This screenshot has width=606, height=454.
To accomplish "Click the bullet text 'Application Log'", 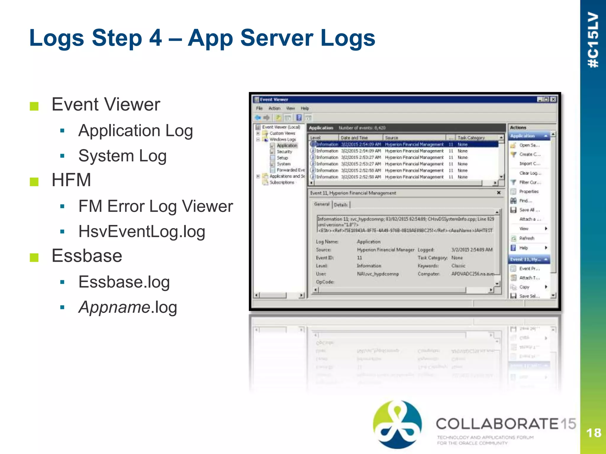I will click(x=136, y=131).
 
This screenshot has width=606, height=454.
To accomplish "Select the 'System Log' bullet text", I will click(x=122, y=156).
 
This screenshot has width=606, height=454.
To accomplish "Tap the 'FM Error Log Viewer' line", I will click(x=156, y=206).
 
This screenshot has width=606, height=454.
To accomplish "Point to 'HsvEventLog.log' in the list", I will click(x=142, y=231).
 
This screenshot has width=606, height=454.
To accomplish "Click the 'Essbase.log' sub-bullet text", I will click(x=124, y=282).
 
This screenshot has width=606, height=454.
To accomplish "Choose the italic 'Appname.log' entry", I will click(x=128, y=307).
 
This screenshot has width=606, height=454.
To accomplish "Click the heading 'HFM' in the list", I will click(x=71, y=180).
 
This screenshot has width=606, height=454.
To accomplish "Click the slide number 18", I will click(x=593, y=433).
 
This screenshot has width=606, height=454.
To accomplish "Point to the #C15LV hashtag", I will click(x=593, y=40).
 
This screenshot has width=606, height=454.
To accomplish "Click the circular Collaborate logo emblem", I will click(x=397, y=424).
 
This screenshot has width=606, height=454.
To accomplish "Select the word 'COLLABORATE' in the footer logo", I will click(x=497, y=424).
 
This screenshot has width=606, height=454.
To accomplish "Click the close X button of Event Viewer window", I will click(x=553, y=99).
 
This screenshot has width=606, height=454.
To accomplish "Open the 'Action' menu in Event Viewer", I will click(x=274, y=108).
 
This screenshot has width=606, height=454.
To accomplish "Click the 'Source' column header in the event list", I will click(x=391, y=138).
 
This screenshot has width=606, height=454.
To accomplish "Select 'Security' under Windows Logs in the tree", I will click(x=284, y=152).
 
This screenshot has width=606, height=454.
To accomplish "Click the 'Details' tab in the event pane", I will click(x=341, y=205).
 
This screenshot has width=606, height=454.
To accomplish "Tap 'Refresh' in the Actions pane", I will click(x=527, y=238).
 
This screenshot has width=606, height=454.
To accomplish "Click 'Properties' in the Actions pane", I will click(x=529, y=192).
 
